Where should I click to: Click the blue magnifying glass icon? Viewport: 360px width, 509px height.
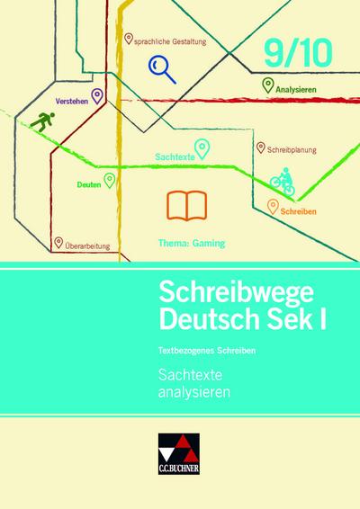click(x=164, y=67)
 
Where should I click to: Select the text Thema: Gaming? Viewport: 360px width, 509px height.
click(x=185, y=243)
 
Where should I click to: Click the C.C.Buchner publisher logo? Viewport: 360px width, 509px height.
click(x=180, y=474)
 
